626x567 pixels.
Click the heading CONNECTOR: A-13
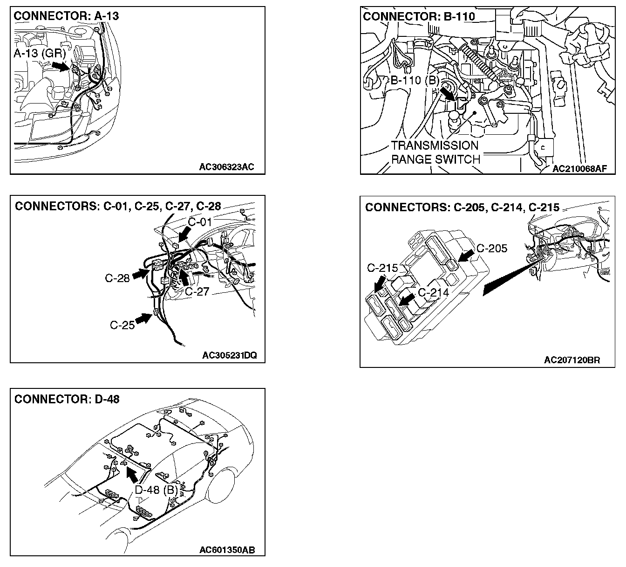tap(66, 16)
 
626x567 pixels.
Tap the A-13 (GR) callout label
tap(40, 54)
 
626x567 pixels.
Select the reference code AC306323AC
tap(226, 167)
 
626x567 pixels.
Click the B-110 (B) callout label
tap(415, 80)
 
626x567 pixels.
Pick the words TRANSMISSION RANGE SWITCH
tap(435, 152)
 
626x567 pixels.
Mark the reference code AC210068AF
tap(580, 169)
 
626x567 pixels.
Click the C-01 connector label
tap(200, 221)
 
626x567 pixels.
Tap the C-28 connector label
tap(117, 279)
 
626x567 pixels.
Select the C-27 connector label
tap(197, 291)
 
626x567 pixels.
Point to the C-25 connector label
tap(122, 325)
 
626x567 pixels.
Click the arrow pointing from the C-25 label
tap(144, 319)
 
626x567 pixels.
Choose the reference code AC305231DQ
tap(229, 355)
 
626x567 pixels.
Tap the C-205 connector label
tap(491, 248)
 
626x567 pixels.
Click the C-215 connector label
tap(382, 268)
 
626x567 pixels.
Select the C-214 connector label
tap(433, 292)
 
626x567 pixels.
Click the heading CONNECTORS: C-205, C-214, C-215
tap(462, 207)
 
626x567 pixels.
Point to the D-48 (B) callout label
tap(155, 490)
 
